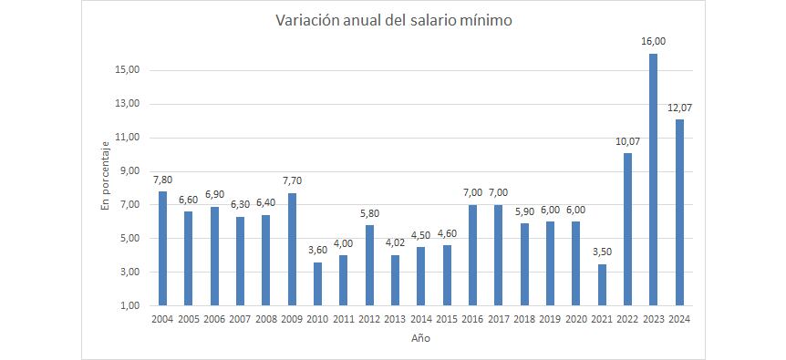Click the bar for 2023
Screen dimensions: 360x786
653,180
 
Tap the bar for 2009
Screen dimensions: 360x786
292,249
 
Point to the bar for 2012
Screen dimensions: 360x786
369,265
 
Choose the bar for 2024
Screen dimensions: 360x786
679,212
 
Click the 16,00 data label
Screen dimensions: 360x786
653,41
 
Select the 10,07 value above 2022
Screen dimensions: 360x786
627,140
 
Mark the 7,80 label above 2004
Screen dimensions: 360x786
162,179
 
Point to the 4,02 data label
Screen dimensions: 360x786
395,242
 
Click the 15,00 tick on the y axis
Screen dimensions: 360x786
128,70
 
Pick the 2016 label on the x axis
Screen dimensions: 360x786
472,319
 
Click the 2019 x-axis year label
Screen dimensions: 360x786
550,319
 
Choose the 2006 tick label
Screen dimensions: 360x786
214,319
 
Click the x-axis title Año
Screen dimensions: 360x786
420,338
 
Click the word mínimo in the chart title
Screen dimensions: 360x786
480,20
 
